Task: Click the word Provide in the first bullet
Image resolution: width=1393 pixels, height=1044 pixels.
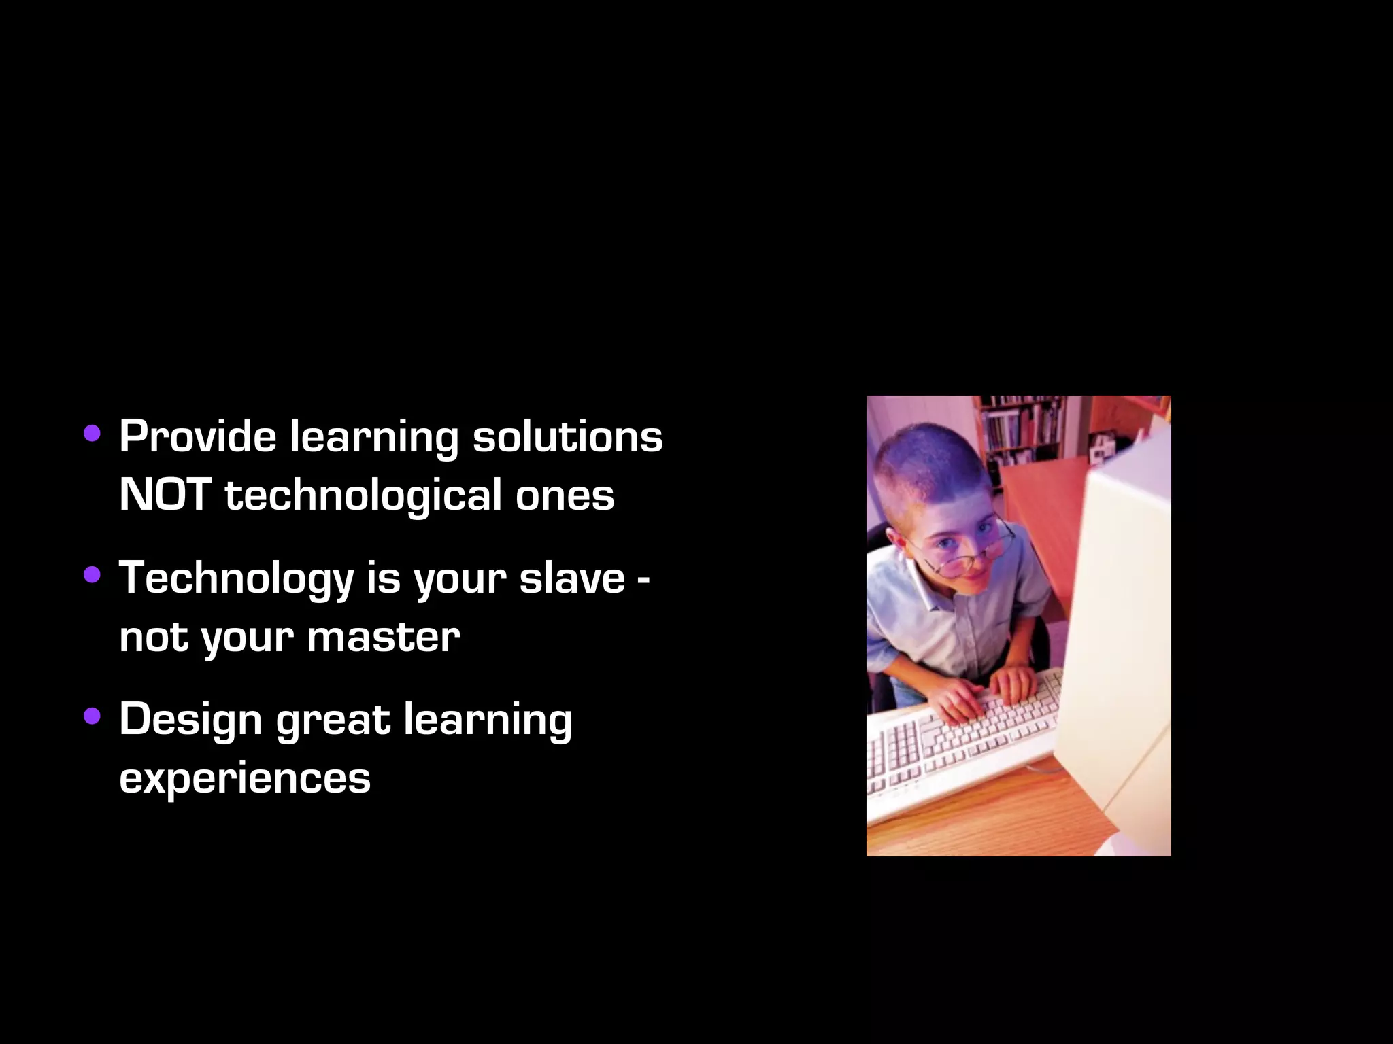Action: pyautogui.click(x=197, y=436)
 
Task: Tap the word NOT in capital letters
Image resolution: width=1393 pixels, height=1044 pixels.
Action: pyautogui.click(x=165, y=495)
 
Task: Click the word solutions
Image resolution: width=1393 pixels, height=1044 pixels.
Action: pyautogui.click(x=567, y=436)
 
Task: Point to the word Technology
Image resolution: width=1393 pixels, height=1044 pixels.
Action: pyautogui.click(x=236, y=579)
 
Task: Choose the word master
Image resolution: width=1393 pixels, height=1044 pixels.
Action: pyautogui.click(x=383, y=638)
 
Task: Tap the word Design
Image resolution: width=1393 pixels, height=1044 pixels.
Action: pyautogui.click(x=190, y=720)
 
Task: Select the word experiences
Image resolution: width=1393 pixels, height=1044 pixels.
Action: pyautogui.click(x=245, y=779)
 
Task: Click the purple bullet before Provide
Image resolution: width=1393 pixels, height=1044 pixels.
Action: pyautogui.click(x=92, y=434)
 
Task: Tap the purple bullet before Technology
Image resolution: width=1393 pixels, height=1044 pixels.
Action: pyautogui.click(x=92, y=576)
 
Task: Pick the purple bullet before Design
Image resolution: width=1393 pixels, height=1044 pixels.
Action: pyautogui.click(x=92, y=716)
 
